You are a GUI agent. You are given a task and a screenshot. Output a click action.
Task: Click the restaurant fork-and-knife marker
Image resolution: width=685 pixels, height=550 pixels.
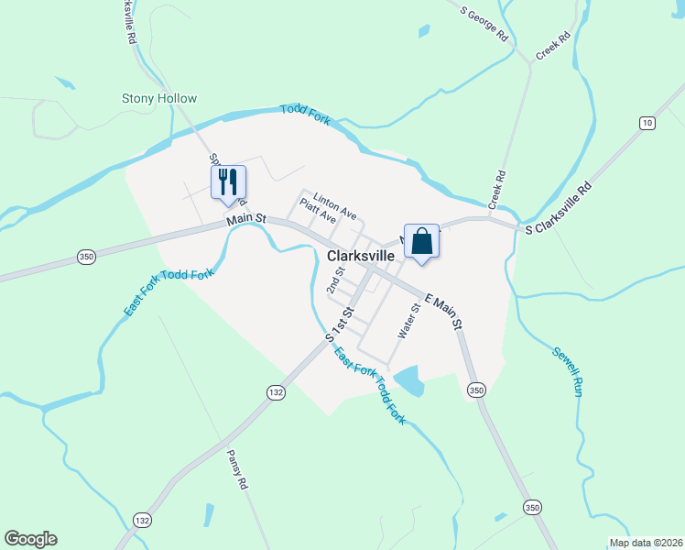[228, 181]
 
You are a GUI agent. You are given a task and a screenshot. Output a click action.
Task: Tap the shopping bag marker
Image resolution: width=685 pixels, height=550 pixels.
[421, 242]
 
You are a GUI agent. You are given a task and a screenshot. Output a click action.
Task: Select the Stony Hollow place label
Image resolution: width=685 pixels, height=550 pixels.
[160, 99]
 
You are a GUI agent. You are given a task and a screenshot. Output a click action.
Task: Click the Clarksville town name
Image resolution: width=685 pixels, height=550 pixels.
[366, 258]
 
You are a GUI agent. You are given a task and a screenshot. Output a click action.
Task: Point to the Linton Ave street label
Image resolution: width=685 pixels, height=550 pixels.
[334, 205]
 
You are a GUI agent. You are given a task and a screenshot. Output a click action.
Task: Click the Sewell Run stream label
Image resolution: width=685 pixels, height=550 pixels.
[567, 370]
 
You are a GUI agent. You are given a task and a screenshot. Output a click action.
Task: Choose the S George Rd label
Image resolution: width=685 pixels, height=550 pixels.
[484, 23]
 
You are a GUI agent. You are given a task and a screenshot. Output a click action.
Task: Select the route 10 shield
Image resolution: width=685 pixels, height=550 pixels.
[647, 123]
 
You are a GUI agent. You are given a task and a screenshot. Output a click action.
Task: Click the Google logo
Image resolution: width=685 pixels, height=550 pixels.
[30, 539]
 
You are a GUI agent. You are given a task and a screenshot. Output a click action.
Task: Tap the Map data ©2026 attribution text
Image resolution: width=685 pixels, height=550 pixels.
[646, 543]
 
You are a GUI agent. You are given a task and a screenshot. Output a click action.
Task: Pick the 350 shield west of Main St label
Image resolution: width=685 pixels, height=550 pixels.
[86, 258]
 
